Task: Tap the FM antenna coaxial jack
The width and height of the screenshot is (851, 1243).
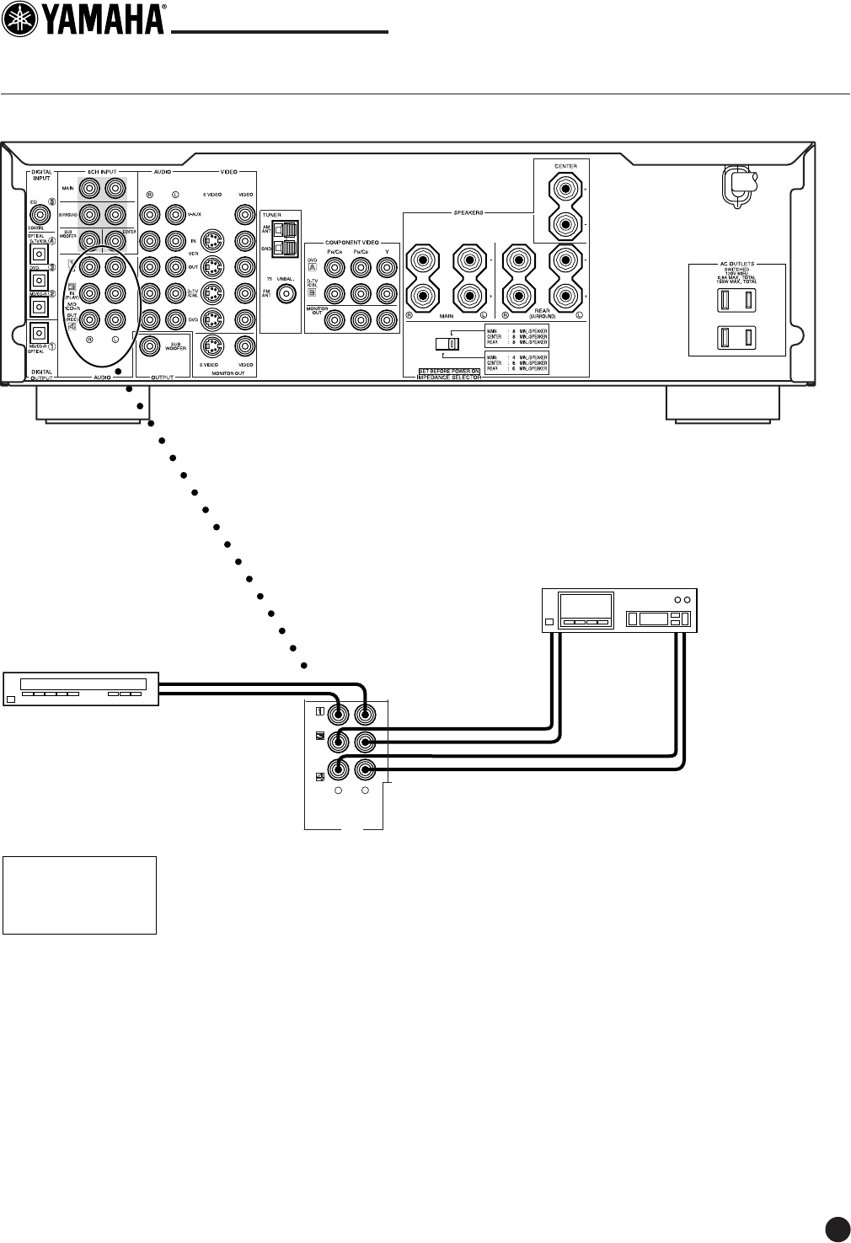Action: [x=288, y=295]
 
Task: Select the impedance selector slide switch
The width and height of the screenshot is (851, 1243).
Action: [x=447, y=344]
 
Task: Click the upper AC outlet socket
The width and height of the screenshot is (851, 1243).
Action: [x=736, y=301]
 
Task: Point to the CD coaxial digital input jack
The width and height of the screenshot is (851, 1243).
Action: [x=38, y=214]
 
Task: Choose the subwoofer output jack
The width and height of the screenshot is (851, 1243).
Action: [x=153, y=345]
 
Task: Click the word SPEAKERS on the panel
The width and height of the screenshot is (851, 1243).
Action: [x=468, y=213]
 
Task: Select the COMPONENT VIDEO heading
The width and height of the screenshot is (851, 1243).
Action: [x=351, y=242]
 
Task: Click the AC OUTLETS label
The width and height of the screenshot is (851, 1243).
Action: [x=736, y=264]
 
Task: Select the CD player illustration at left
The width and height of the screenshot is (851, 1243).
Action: [x=81, y=688]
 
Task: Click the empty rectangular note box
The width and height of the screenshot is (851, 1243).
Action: [x=79, y=895]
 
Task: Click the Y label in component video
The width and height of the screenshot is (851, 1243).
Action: [x=386, y=252]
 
